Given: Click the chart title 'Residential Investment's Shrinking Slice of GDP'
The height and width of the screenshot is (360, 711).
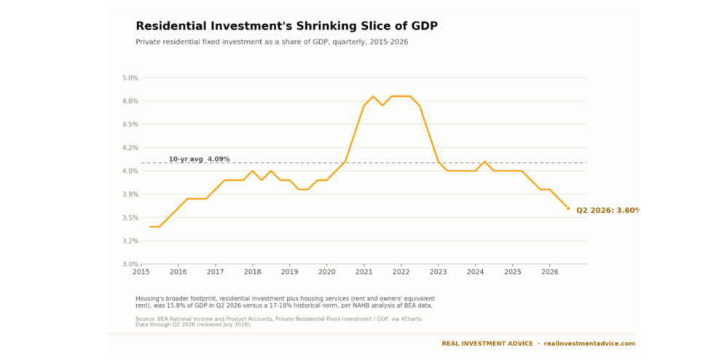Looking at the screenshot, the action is pos(286,26).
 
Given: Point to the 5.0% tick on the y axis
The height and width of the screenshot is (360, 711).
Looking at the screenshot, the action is pos(130,78).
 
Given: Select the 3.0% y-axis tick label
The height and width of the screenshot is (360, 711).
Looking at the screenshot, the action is pos(130,264).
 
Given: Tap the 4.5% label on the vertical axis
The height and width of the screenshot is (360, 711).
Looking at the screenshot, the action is pos(130,124).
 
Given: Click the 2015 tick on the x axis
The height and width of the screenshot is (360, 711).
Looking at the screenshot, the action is pos(141,272).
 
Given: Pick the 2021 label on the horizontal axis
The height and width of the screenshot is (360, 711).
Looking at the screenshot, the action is pos(364,272).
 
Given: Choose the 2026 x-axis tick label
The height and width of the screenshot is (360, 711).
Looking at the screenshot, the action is pos(549,272).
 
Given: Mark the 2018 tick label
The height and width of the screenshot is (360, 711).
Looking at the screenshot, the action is pos(253,272).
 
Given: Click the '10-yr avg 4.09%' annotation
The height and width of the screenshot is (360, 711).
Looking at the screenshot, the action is pos(199,159).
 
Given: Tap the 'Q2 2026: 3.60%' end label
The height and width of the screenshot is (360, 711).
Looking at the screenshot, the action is pos(607,211).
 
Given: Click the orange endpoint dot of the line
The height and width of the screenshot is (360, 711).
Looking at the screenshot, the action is pos(568,208).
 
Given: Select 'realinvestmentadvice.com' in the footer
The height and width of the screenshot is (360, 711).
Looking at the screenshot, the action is pos(589,344).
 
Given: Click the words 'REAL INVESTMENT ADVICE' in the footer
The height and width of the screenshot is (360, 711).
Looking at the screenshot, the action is pos(487,344).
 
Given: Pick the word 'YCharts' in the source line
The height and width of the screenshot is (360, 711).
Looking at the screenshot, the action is pos(412,318).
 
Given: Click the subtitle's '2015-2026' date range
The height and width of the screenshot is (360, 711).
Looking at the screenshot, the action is pos(388,42).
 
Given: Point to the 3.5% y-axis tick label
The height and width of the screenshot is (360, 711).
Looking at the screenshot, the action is pos(130,218).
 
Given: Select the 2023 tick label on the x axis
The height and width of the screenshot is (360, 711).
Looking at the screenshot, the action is pos(438,272).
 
